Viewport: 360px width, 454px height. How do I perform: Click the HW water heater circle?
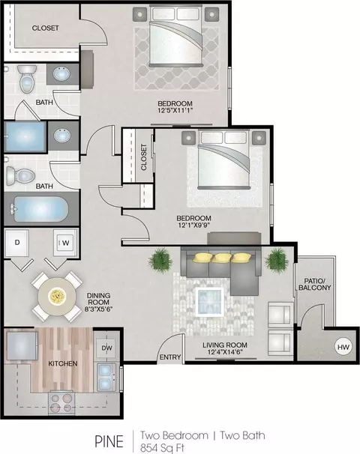tap(343, 347)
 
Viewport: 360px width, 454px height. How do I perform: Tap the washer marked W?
tap(65, 243)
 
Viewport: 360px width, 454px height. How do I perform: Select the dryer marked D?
tap(16, 243)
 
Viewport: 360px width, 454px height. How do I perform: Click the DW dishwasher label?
tap(106, 348)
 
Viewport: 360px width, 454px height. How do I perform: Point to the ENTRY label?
tap(170, 357)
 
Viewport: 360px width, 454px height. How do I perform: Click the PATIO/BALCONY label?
tap(315, 284)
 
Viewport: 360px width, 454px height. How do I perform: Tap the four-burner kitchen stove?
tap(61, 403)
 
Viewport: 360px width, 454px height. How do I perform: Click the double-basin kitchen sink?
tap(106, 378)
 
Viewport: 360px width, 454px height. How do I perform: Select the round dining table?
tap(57, 296)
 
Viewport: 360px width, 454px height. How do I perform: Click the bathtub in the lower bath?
tap(40, 209)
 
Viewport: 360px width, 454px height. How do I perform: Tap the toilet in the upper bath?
tap(27, 79)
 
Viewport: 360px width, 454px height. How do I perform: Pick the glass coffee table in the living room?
tap(210, 302)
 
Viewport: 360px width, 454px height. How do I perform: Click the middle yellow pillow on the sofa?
tap(222, 258)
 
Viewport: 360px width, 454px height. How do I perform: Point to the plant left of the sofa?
tap(160, 260)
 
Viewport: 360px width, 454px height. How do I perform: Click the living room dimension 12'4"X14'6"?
tap(225, 352)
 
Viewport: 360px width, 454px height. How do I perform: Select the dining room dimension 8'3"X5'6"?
tap(98, 309)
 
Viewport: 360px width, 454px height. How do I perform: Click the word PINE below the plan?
tap(109, 441)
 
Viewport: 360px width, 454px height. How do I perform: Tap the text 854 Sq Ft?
tap(162, 447)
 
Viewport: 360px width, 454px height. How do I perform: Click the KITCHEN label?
tap(63, 363)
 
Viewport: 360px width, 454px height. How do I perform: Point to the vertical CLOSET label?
tap(143, 157)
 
